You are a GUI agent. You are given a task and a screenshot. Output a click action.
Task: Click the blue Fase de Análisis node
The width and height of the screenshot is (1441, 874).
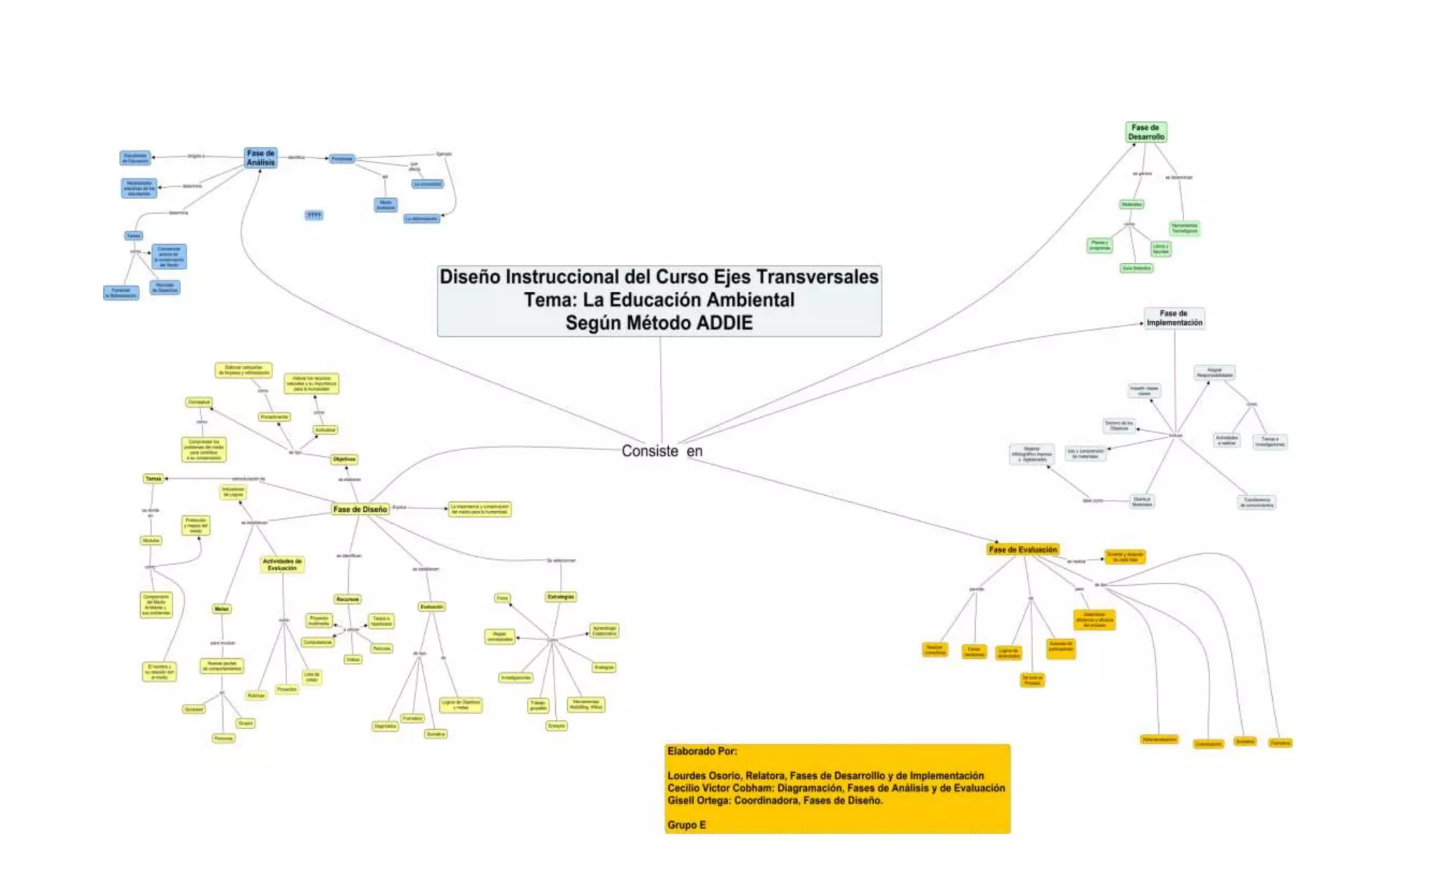[x=260, y=158]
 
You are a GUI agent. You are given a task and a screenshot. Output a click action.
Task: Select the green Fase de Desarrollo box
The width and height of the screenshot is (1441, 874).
[x=1146, y=132]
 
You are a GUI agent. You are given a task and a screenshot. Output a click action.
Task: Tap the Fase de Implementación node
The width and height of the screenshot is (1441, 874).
[x=1174, y=318]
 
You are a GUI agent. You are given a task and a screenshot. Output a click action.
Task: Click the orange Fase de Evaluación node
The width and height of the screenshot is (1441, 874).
[x=1022, y=549]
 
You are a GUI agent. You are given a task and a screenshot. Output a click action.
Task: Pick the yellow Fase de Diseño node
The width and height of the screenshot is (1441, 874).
[x=360, y=509]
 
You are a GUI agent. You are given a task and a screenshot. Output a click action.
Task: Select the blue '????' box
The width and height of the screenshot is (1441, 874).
[x=314, y=215]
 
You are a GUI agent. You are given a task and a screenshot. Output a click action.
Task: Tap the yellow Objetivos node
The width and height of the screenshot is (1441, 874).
[x=344, y=459]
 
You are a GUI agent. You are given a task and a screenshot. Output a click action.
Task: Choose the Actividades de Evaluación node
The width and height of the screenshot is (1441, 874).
[x=282, y=565]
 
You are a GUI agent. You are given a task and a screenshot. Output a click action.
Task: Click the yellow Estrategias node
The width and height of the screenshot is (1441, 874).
[x=560, y=597]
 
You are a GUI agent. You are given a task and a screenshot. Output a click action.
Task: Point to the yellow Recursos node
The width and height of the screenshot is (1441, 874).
[x=348, y=599]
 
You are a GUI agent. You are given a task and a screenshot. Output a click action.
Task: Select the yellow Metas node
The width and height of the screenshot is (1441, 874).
[x=221, y=609]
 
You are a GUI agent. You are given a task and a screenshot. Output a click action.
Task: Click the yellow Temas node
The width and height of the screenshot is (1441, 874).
[x=153, y=478]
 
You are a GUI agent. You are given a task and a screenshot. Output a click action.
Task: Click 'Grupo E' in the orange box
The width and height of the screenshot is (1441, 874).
[x=686, y=825]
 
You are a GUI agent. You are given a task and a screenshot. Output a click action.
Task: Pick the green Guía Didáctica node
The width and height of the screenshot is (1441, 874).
[x=1136, y=268]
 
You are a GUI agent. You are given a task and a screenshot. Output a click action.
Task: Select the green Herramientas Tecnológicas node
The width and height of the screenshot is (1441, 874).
[x=1184, y=229]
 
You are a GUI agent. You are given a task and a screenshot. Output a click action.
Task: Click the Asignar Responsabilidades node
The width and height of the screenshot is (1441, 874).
[x=1214, y=373]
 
